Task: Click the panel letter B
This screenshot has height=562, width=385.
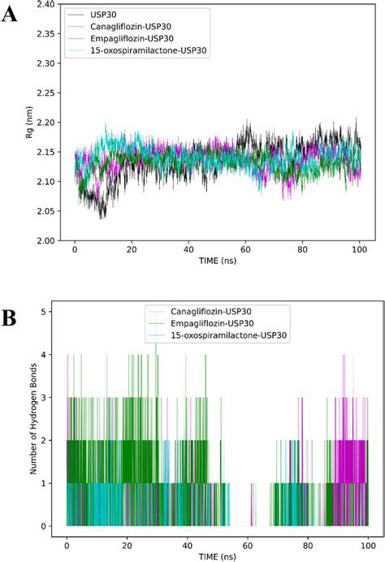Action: click(11, 316)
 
